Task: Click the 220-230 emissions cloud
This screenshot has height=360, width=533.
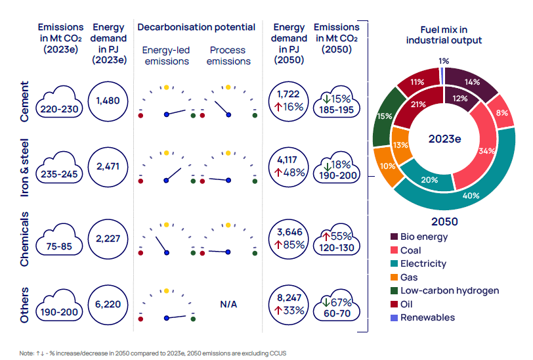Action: pyautogui.click(x=61, y=103)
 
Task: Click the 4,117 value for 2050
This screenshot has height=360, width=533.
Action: pyautogui.click(x=289, y=158)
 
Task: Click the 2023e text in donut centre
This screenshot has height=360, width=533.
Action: pyautogui.click(x=444, y=139)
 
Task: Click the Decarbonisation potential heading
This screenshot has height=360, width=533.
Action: pyautogui.click(x=196, y=27)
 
